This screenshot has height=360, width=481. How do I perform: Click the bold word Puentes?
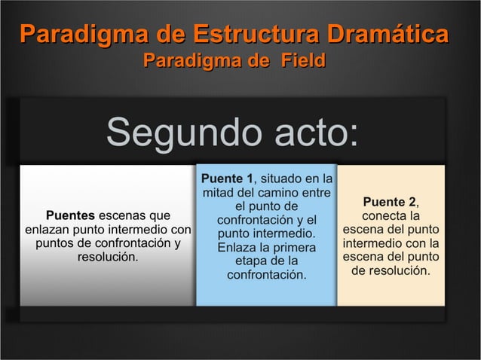coord(71,215)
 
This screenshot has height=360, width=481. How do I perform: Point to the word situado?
coord(283,178)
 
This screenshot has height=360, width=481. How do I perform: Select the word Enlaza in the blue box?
coord(237,247)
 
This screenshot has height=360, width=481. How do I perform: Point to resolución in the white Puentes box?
coord(107,257)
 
